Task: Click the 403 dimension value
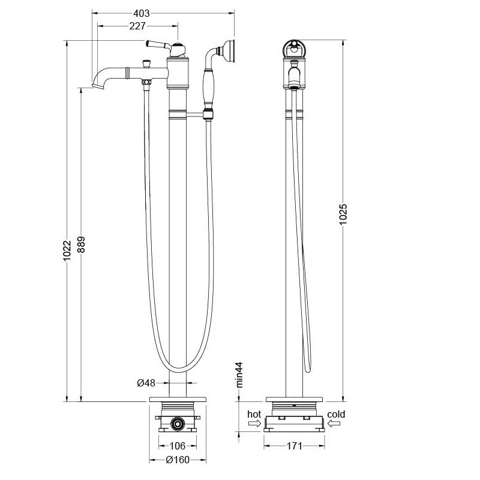[142, 13]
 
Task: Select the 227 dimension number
[137, 26]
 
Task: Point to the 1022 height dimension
[67, 251]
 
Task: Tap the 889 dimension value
[81, 245]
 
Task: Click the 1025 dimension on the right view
[343, 214]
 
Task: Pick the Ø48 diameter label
[146, 383]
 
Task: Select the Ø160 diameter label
[178, 460]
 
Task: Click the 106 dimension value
[178, 446]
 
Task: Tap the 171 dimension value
[294, 446]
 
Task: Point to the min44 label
[239, 374]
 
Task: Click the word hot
[254, 414]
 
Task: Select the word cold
[336, 414]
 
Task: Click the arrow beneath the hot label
[254, 424]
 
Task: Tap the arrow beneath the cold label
[334, 424]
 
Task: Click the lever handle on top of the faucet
[158, 44]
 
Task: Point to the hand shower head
[229, 51]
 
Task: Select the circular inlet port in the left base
[177, 424]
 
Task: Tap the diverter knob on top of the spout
[147, 64]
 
